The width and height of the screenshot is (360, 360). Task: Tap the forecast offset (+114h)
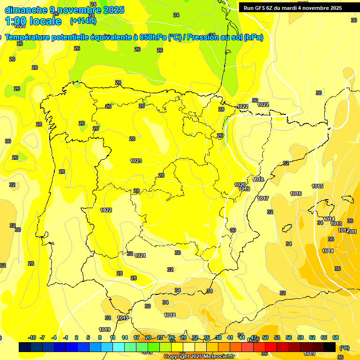click(83, 21)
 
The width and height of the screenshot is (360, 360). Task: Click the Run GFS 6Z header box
click(292, 7)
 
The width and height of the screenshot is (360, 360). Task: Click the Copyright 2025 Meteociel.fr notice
click(199, 356)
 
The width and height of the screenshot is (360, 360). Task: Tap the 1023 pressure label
click(136, 161)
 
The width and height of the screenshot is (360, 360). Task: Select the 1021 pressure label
click(140, 255)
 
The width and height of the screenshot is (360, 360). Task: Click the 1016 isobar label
click(296, 194)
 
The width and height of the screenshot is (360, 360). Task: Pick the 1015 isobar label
click(317, 186)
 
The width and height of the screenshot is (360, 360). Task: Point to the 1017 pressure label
click(263, 198)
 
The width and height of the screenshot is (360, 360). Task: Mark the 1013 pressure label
click(336, 224)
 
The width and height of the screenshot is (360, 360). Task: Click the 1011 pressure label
click(352, 232)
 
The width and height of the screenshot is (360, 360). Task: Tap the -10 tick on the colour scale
click(32, 337)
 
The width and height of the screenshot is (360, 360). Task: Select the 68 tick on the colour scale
click(336, 337)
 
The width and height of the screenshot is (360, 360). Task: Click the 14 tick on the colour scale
click(125, 337)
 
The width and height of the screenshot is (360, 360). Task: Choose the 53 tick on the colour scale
click(277, 337)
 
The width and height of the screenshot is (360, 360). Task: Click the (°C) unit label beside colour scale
click(344, 348)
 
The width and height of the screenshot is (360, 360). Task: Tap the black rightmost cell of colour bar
click(330, 347)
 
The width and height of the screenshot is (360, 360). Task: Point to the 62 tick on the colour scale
click(312, 337)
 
